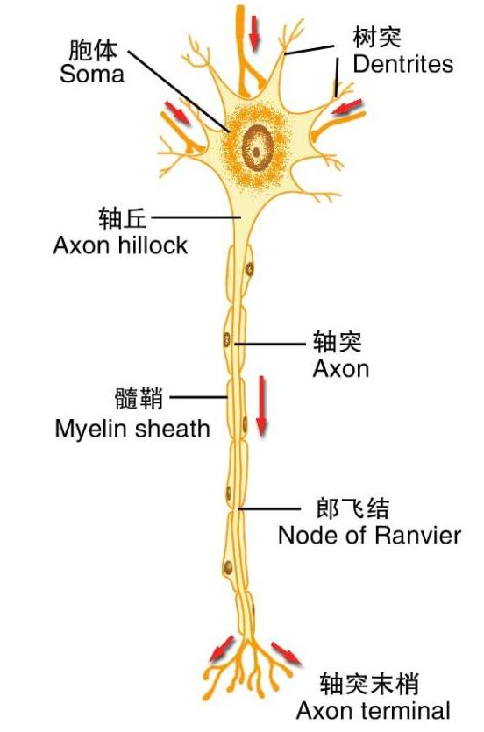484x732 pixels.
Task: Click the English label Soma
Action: click(92, 74)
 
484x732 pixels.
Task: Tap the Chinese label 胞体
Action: click(93, 49)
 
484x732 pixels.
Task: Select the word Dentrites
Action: click(402, 64)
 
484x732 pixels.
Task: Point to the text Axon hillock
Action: click(120, 245)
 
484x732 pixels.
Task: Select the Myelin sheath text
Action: click(132, 429)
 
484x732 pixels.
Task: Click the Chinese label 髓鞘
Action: click(139, 399)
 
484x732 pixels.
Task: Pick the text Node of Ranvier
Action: click(368, 535)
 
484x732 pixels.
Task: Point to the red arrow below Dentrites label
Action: click(347, 108)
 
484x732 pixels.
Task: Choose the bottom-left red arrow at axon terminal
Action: click(221, 648)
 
